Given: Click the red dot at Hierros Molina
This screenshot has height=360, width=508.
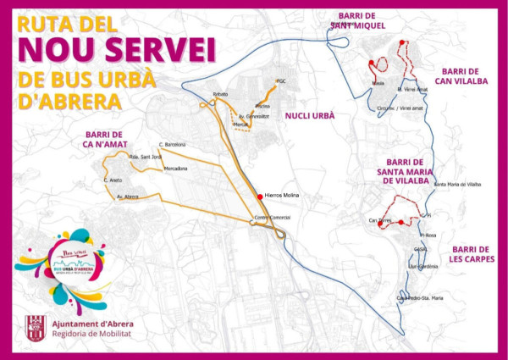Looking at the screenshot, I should coord(259,196).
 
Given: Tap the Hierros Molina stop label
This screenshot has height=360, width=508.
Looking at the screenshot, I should coord(283,196).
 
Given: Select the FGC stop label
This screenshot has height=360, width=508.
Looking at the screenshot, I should coord(283,81).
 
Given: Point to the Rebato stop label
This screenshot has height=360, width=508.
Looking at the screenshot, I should coord(221,93).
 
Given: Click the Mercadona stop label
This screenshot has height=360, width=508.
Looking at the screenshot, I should coord(175,169).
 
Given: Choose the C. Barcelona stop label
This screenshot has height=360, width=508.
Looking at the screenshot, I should coord(171,145).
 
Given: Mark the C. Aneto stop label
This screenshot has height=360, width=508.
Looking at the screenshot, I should coord(113,180).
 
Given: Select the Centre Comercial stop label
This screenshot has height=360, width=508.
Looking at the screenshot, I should coord(273,218).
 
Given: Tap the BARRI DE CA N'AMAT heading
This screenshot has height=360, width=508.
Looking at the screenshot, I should coord(104,140).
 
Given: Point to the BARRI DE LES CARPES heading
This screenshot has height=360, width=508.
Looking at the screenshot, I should coord(473,253).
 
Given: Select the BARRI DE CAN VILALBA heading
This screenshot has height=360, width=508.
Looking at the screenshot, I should coord(461,76).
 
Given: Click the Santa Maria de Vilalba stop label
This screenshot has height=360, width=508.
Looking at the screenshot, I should coord(457,184).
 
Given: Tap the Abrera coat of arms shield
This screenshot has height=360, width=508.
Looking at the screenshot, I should coord(35,327).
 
